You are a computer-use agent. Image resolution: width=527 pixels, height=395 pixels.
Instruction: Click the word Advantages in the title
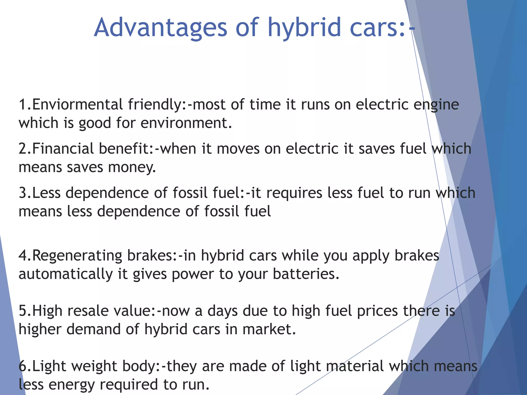pos(161,28)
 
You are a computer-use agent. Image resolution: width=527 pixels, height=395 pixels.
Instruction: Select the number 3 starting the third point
pos(23,193)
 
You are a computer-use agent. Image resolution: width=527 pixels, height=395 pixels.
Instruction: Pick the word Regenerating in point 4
pos(77,256)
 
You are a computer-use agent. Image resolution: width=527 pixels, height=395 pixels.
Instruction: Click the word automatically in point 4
pos(66,274)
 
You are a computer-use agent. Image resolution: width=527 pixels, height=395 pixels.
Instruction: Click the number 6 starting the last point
pos(23,366)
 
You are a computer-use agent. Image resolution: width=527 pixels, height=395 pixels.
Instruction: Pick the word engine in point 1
pos(436,105)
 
